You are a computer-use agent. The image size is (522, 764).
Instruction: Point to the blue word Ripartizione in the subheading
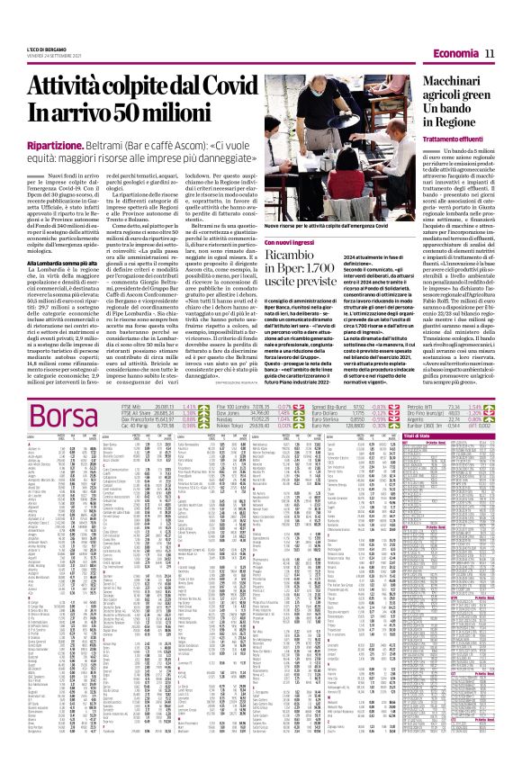[80, 145]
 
